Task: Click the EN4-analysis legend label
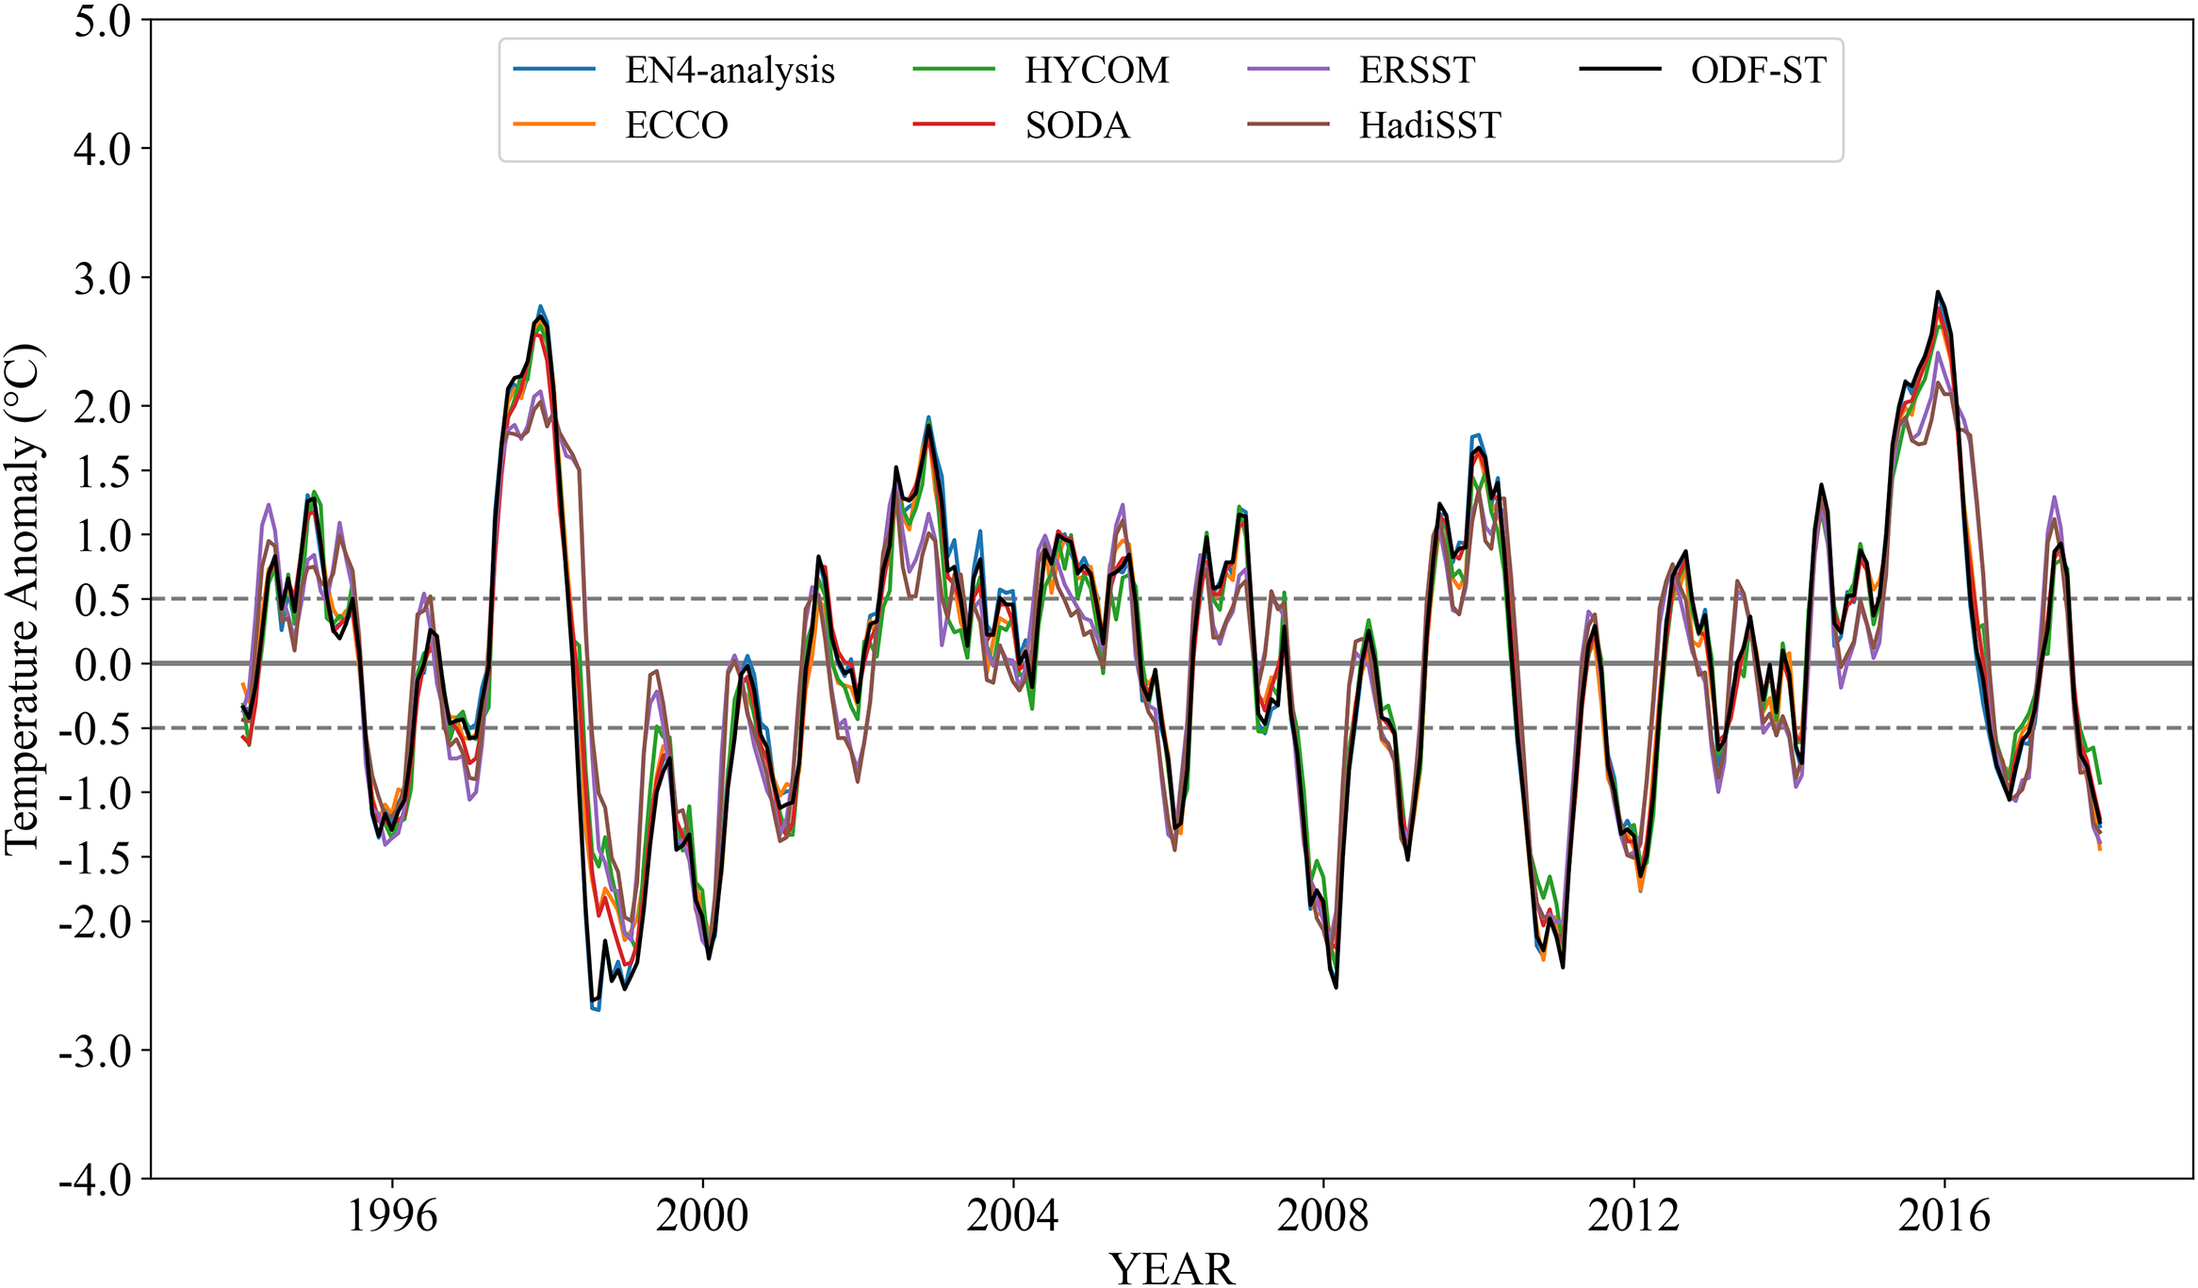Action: (x=730, y=71)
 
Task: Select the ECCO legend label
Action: (x=677, y=125)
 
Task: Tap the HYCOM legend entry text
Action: (x=1096, y=71)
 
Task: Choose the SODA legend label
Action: (x=1077, y=125)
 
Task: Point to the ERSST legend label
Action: (x=1417, y=71)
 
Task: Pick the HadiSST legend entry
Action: (x=1430, y=125)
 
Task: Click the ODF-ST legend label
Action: (x=1758, y=71)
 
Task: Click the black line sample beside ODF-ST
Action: (x=1620, y=69)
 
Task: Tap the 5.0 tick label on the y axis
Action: (x=103, y=22)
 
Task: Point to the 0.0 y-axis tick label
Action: (x=103, y=665)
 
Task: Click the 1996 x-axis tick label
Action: (x=392, y=1215)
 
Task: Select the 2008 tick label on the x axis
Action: (x=1322, y=1215)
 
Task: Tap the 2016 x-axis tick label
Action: (x=1944, y=1215)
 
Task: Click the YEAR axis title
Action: (x=1172, y=1268)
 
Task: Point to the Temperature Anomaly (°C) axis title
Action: (x=23, y=599)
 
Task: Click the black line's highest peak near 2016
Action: (x=1937, y=292)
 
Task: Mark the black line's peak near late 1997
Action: (x=541, y=318)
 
